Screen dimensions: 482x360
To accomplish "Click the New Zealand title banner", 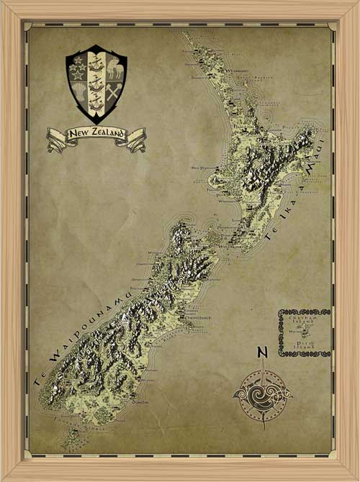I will point(96,135).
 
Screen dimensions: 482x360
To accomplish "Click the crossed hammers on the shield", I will point(115,91).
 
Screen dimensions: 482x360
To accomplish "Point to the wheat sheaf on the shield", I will point(78,92).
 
